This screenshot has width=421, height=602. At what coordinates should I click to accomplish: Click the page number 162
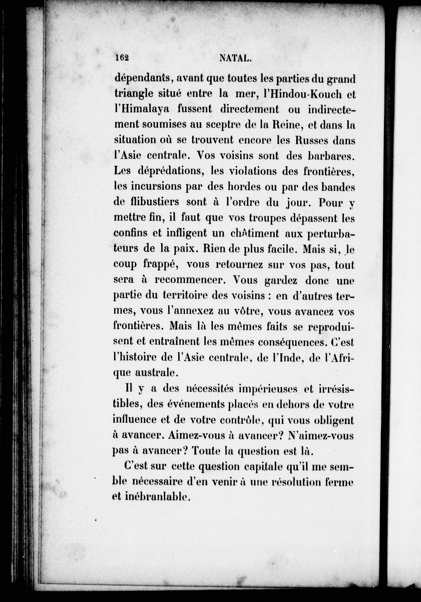pyautogui.click(x=122, y=58)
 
